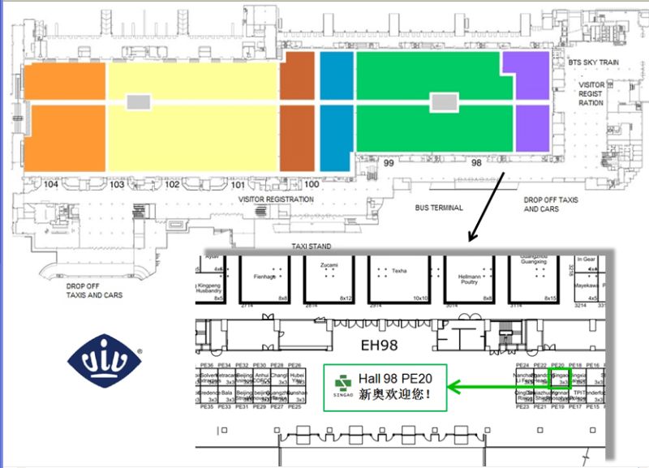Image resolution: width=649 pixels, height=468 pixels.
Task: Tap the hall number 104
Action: [51, 185]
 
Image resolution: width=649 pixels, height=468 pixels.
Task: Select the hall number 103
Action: [117, 185]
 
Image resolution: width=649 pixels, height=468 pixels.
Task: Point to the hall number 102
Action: [172, 185]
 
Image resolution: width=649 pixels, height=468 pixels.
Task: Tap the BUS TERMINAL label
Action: [439, 208]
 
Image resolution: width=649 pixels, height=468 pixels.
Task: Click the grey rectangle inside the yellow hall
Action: [139, 101]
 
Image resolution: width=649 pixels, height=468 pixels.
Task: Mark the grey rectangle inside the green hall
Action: [442, 101]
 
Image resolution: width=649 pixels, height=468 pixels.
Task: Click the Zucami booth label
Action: [329, 266]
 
